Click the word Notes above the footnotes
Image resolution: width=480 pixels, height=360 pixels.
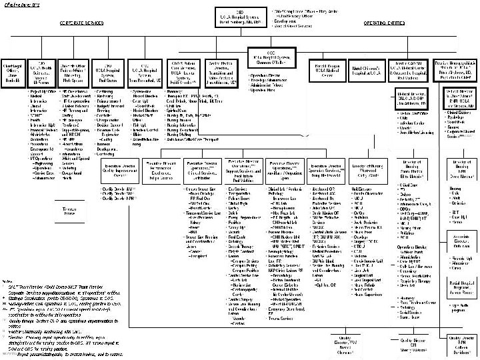[x=7, y=282]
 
